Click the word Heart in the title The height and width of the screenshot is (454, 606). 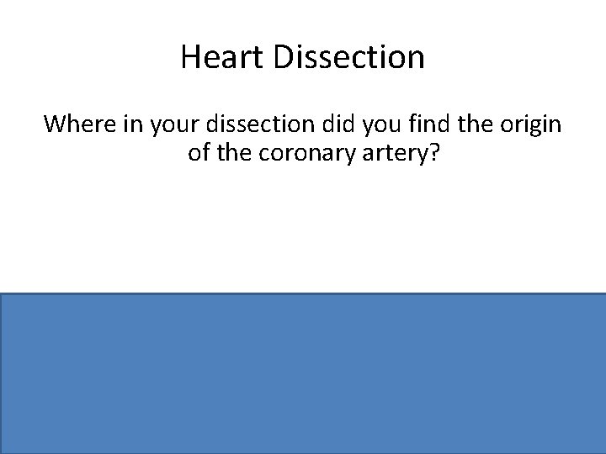[x=213, y=58]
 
